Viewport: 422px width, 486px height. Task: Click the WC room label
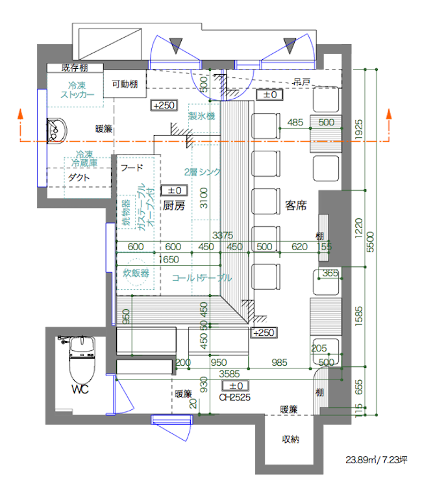click(x=80, y=390)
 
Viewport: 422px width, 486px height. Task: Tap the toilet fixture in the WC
click(x=82, y=361)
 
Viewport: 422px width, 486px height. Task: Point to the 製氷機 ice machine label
click(x=201, y=116)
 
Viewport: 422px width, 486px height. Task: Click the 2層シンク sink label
click(x=203, y=172)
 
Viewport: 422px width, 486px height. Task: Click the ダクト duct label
click(x=79, y=177)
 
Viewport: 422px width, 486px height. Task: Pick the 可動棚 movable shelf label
click(x=123, y=83)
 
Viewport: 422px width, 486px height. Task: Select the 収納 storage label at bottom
click(x=290, y=440)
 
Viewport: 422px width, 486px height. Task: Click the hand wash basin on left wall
click(x=56, y=131)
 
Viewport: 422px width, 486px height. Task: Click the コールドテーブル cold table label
click(x=201, y=277)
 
